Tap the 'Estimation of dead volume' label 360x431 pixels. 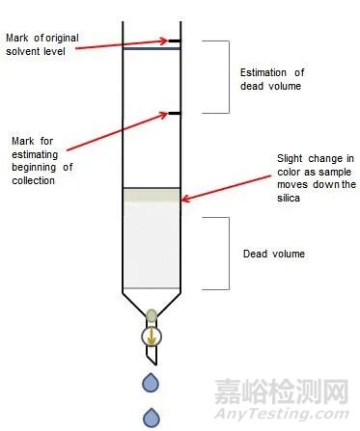pos(273,79)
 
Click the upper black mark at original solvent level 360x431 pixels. pos(175,41)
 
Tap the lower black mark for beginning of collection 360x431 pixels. pos(175,113)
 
